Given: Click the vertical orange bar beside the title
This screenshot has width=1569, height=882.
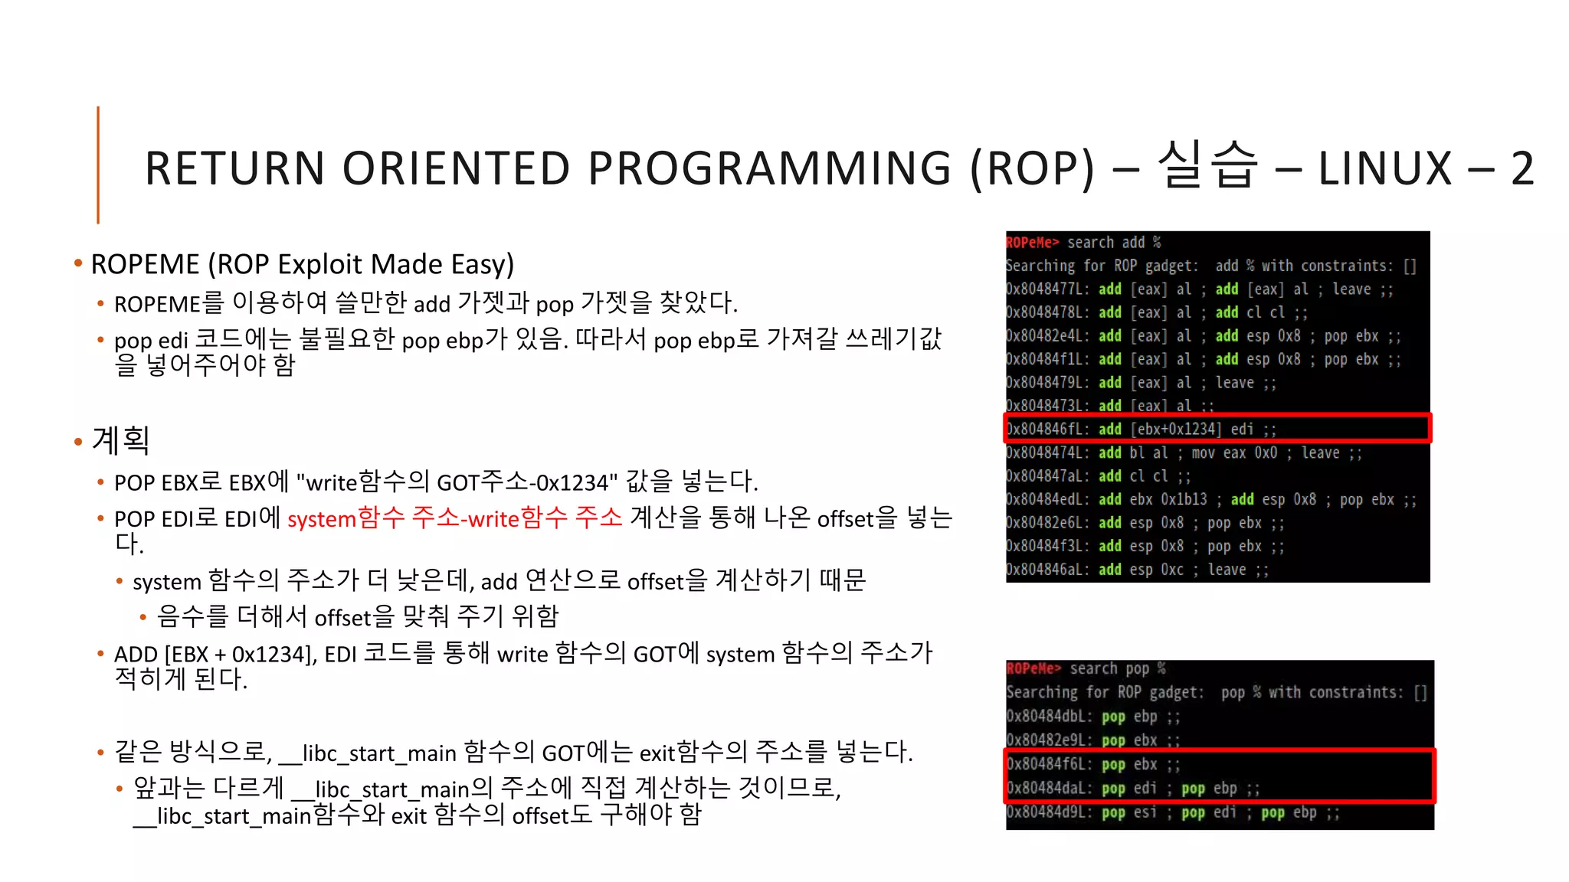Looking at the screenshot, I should point(98,165).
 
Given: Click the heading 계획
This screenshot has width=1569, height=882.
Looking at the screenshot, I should point(120,440).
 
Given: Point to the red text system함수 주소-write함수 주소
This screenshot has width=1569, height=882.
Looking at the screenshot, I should point(454,518).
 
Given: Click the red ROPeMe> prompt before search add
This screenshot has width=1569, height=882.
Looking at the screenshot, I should point(1032,243).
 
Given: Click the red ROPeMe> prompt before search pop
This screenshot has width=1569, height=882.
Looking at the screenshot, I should point(1033,668).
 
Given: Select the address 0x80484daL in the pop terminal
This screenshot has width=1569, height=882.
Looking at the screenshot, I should point(1049,788).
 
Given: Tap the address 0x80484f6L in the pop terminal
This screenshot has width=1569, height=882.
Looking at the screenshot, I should point(1049,764).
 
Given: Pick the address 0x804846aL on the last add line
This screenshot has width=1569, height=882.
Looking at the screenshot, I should point(1047,570).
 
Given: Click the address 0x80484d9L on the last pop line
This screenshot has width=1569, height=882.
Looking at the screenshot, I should point(1049,812).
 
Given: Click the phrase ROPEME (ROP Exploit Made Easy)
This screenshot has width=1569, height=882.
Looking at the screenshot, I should point(302,264).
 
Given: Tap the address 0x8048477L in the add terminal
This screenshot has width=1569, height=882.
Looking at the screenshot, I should point(1047,289).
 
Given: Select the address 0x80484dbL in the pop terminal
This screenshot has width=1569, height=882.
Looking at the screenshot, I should point(1049,717).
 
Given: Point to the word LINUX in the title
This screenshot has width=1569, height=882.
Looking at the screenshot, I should point(1384,168).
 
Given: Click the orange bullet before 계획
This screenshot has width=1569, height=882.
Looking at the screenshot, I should point(78,442).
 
